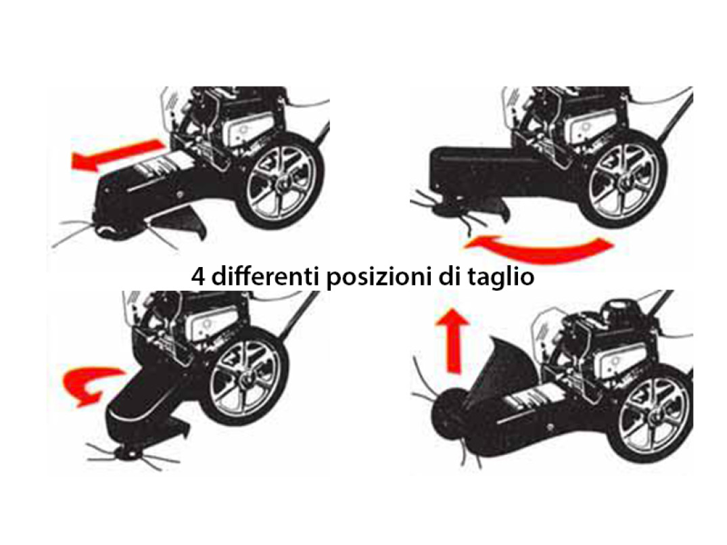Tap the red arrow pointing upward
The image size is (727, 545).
[x=453, y=341]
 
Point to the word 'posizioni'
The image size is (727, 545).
[x=379, y=277]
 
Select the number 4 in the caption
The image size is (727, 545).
[x=198, y=277]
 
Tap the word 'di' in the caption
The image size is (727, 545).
[x=448, y=276]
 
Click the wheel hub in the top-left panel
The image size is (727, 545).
[x=283, y=184]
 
